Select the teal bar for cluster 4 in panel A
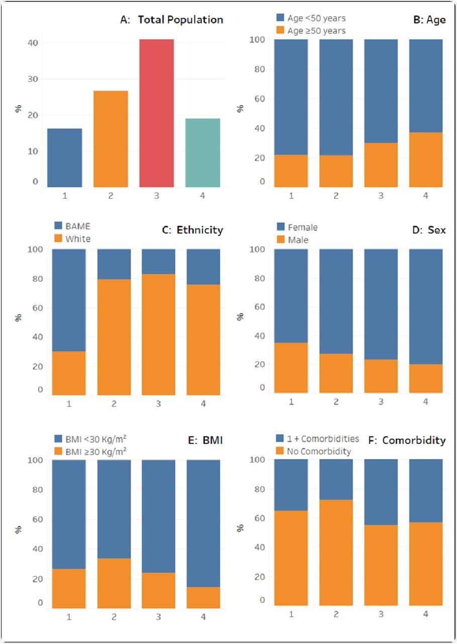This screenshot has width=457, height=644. click(x=202, y=153)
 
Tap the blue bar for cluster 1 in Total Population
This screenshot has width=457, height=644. click(x=64, y=158)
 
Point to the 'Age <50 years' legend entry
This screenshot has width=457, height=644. click(x=311, y=18)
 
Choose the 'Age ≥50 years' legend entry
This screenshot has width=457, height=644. click(x=311, y=30)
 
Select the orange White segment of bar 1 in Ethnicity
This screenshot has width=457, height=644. click(x=69, y=373)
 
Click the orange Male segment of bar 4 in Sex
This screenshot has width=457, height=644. click(x=425, y=378)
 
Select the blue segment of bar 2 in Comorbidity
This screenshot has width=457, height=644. click(x=336, y=479)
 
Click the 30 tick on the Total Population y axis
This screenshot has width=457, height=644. click(x=32, y=79)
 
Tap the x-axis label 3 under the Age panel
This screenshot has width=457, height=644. click(x=381, y=195)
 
